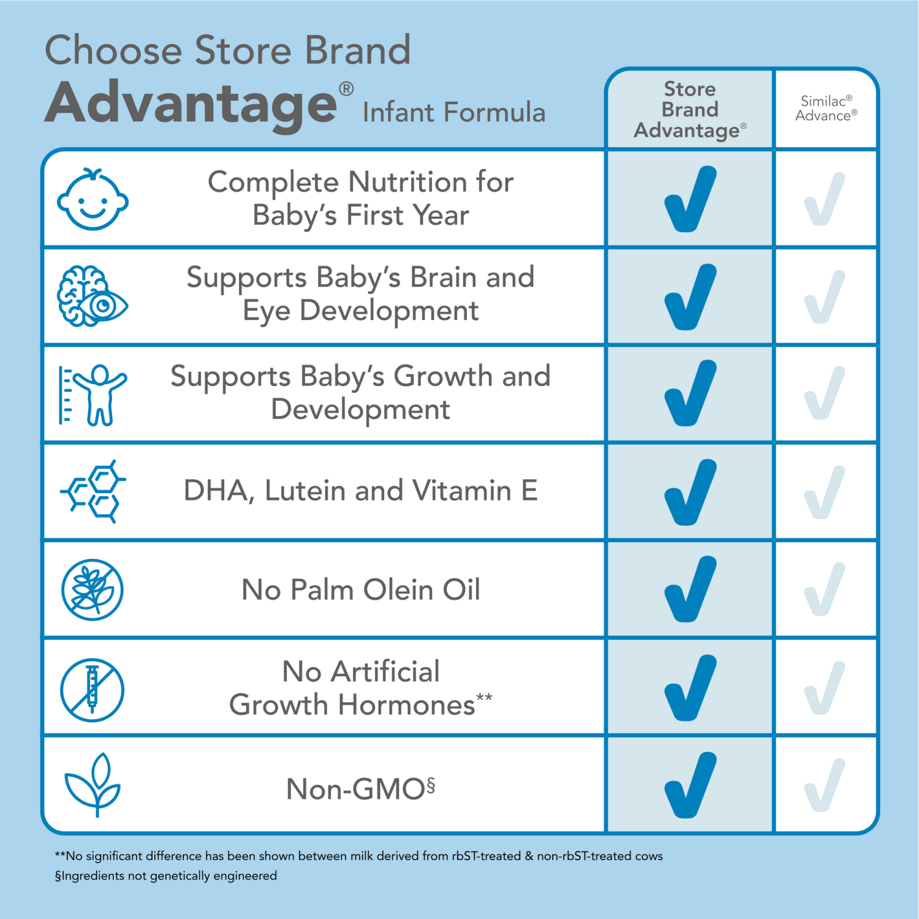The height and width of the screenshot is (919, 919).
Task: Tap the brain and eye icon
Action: pyautogui.click(x=93, y=297)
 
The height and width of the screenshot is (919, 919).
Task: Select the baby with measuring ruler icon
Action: pyautogui.click(x=93, y=395)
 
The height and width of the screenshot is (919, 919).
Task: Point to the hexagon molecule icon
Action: pyautogui.click(x=93, y=491)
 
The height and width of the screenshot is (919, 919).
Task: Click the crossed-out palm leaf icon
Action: pyautogui.click(x=93, y=590)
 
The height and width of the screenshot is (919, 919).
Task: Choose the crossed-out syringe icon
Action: pyautogui.click(x=93, y=690)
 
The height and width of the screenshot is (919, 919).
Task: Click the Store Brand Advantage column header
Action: pyautogui.click(x=690, y=110)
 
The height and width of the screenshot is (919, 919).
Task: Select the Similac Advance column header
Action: pyautogui.click(x=826, y=108)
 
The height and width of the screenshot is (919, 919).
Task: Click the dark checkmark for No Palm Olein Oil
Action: pyautogui.click(x=690, y=590)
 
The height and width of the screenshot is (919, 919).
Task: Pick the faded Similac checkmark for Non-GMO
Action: pyautogui.click(x=825, y=785)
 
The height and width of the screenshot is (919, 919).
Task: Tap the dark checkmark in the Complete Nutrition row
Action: pyautogui.click(x=690, y=200)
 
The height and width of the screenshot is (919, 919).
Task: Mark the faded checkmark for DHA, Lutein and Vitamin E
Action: pyautogui.click(x=825, y=493)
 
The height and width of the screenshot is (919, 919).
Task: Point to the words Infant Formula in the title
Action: pyautogui.click(x=454, y=113)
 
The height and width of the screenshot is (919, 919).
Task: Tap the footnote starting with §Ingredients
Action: pyautogui.click(x=166, y=876)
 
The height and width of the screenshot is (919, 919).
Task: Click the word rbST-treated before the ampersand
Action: pyautogui.click(x=486, y=856)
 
